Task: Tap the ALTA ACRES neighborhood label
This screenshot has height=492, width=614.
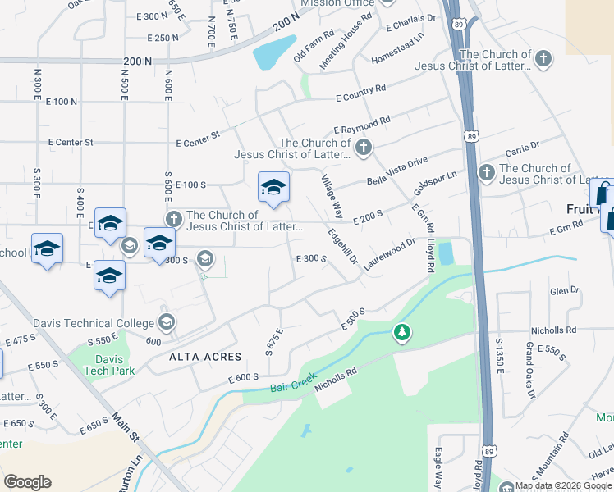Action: [205, 357]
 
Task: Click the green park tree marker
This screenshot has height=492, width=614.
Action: [401, 332]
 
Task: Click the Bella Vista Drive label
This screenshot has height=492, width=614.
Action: [398, 171]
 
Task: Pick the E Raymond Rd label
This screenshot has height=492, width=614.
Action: [361, 125]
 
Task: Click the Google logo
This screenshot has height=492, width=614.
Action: [27, 482]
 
